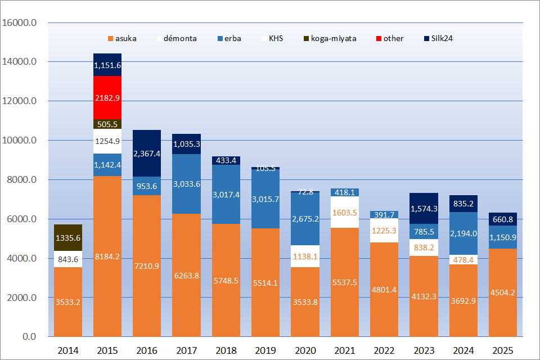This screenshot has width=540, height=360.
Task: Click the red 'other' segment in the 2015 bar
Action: coord(107,97)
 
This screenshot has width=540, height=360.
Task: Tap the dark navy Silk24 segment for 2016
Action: coord(147,153)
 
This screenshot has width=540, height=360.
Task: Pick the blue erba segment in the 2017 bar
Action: coord(186,183)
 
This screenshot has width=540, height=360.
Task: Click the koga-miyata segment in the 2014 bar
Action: coord(68,237)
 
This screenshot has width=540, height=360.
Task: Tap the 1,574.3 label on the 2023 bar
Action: coord(424,209)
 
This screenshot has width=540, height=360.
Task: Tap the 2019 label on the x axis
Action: coord(265,350)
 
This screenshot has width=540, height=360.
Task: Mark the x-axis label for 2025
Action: coord(502,350)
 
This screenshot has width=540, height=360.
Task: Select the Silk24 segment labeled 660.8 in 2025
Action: coord(502,219)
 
